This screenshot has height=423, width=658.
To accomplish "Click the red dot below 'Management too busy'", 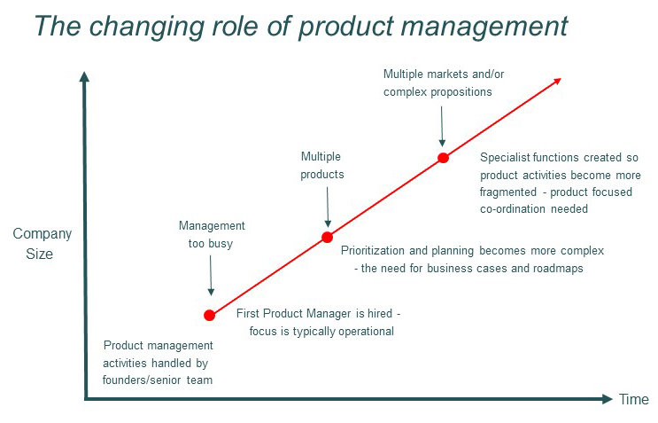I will click(210, 315).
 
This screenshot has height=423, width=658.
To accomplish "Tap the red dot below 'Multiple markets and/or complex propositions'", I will click(443, 158).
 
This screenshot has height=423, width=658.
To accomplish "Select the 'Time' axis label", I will click(633, 399).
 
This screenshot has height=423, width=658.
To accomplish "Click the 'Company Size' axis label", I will click(43, 244).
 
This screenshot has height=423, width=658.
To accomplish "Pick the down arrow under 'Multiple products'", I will click(328, 210).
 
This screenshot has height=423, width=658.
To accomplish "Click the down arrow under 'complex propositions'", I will click(442, 129).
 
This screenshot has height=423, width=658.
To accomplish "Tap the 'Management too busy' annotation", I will click(211, 234).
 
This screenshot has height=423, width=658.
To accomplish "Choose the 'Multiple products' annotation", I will click(322, 165).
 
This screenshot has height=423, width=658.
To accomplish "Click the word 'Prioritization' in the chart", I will click(375, 251).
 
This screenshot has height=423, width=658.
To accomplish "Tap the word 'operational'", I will click(362, 331).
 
